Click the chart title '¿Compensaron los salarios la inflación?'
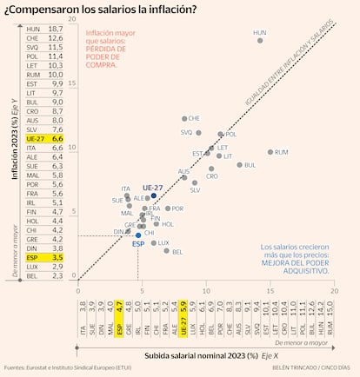click(x=100, y=10)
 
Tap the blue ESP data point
click(x=138, y=235)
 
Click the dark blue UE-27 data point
click(x=154, y=195)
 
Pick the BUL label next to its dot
click(x=250, y=164)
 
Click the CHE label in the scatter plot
click(x=194, y=118)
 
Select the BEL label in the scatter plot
click(x=177, y=252)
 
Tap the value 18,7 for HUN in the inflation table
click(x=57, y=29)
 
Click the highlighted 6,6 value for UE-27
click(x=57, y=138)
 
